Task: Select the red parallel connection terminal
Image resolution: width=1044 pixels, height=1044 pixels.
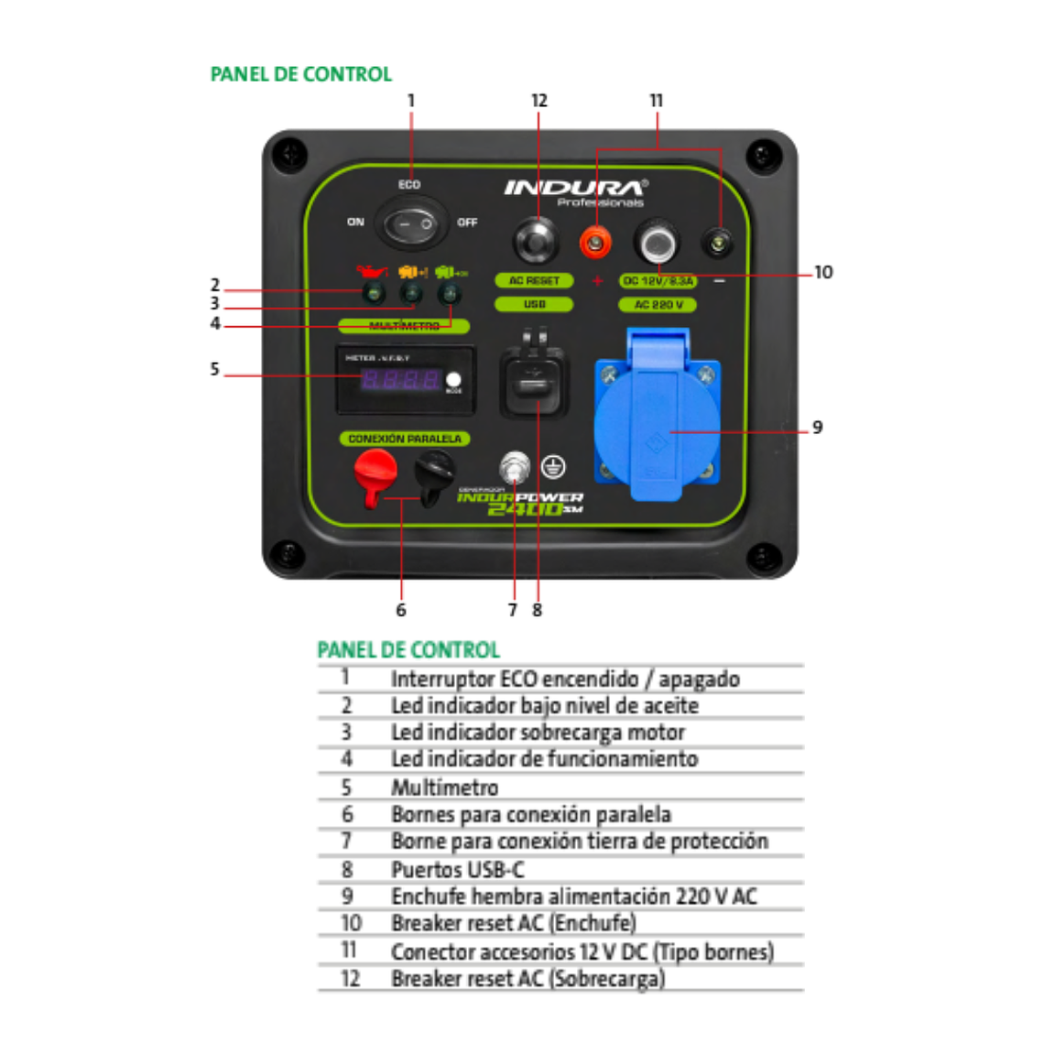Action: tap(375, 473)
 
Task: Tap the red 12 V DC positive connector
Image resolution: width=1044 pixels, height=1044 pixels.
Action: tap(596, 243)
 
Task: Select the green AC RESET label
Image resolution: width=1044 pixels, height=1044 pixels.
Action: tap(534, 281)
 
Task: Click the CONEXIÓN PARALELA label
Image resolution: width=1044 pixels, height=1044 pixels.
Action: tap(405, 439)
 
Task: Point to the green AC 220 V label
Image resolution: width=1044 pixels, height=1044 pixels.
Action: tap(658, 305)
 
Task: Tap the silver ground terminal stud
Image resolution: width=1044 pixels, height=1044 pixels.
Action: tap(515, 468)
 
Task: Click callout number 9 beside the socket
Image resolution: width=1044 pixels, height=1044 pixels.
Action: tap(818, 428)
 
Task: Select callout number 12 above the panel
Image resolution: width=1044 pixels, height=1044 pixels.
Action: tap(538, 101)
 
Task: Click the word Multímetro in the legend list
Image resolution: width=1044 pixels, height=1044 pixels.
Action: tap(445, 788)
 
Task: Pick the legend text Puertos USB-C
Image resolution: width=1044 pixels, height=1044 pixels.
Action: tap(458, 869)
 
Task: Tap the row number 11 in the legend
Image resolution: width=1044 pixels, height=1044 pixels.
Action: tap(349, 951)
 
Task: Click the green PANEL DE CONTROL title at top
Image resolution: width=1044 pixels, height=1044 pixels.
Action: tap(301, 74)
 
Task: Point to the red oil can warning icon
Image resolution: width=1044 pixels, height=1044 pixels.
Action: tap(371, 271)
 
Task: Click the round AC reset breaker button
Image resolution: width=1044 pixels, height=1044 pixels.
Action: tap(536, 242)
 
